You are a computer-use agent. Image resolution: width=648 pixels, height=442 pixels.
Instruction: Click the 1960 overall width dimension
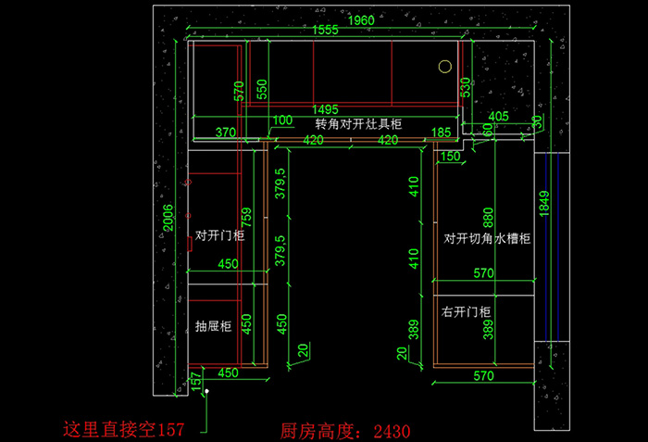coord(361,19)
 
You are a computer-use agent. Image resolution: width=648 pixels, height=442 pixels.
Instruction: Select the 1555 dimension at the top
coord(325,31)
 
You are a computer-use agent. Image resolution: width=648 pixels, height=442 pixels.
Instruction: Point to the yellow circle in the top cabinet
coord(444,67)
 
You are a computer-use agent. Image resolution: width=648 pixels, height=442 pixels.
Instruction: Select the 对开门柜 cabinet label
coord(219,235)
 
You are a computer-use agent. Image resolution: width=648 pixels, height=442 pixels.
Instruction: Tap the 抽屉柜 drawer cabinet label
coord(213,326)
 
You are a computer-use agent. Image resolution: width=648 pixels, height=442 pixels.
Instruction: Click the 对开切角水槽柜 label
coord(486,239)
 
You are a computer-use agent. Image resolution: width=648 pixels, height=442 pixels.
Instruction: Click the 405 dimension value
coord(498,117)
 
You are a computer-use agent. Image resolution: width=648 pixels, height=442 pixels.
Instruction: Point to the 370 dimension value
coord(225,133)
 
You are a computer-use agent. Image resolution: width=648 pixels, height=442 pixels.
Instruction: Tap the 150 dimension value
coord(450,156)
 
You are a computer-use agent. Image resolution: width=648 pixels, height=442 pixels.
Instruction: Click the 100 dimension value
coord(281,120)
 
